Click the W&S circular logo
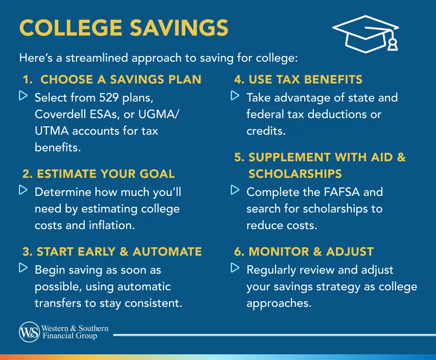29,332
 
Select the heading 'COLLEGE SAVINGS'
124,28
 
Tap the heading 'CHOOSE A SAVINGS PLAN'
121,79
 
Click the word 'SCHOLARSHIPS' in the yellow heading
295,174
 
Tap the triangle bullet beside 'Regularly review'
235,268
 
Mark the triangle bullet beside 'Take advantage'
235,96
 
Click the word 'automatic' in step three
144,286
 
